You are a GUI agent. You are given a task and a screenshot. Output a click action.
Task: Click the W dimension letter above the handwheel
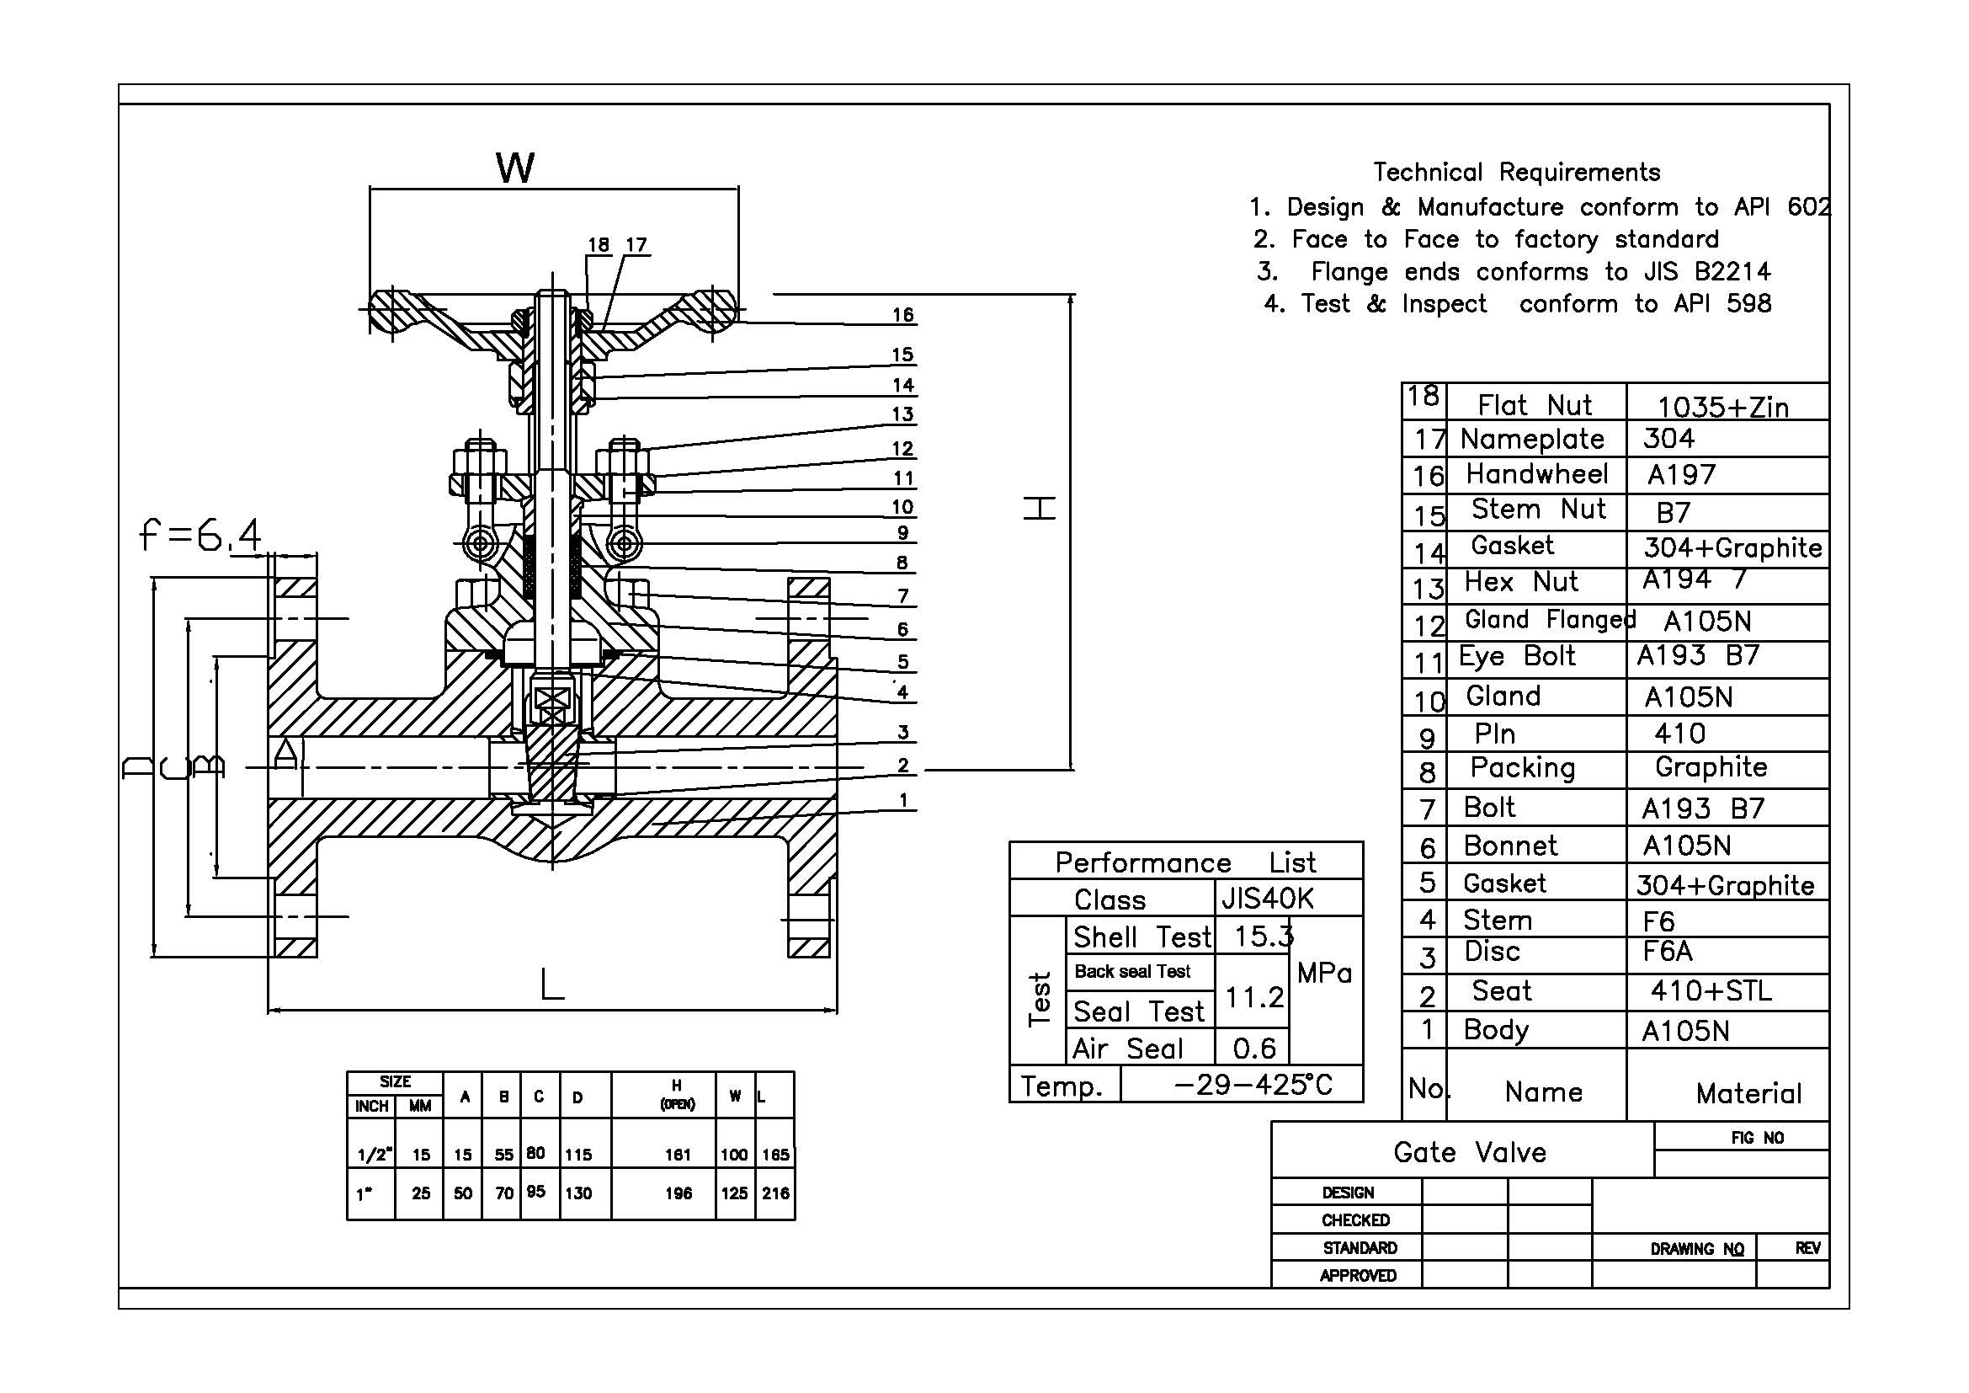[514, 168]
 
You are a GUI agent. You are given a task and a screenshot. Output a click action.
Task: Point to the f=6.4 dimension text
[200, 536]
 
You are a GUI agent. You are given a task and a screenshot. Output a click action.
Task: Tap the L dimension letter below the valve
[552, 984]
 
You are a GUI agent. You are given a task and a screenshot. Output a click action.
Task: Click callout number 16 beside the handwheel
[902, 315]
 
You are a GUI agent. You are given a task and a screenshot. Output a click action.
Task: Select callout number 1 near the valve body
[903, 800]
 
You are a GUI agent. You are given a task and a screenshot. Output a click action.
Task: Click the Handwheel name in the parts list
[1537, 473]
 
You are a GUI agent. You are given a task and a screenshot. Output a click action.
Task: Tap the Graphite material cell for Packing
[1711, 767]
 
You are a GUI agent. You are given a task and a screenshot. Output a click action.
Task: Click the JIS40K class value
[1268, 898]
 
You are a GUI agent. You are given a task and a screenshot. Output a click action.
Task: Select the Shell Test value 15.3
[1264, 937]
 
